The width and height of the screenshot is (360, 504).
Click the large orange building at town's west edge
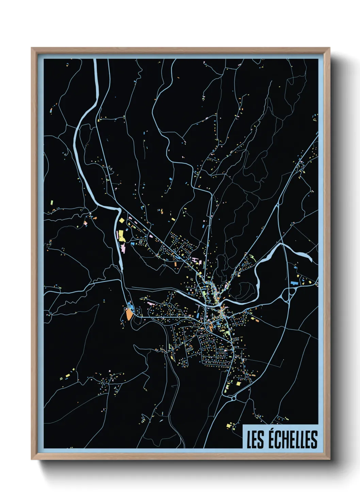(129, 314)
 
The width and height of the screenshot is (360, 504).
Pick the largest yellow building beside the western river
(121, 236)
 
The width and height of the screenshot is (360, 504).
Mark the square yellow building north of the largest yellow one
(120, 220)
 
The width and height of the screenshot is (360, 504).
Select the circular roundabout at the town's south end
(234, 397)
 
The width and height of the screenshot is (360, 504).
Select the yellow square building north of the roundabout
(239, 383)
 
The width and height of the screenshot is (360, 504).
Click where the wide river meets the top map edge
(96, 60)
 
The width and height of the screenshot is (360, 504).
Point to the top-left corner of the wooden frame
(32, 48)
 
